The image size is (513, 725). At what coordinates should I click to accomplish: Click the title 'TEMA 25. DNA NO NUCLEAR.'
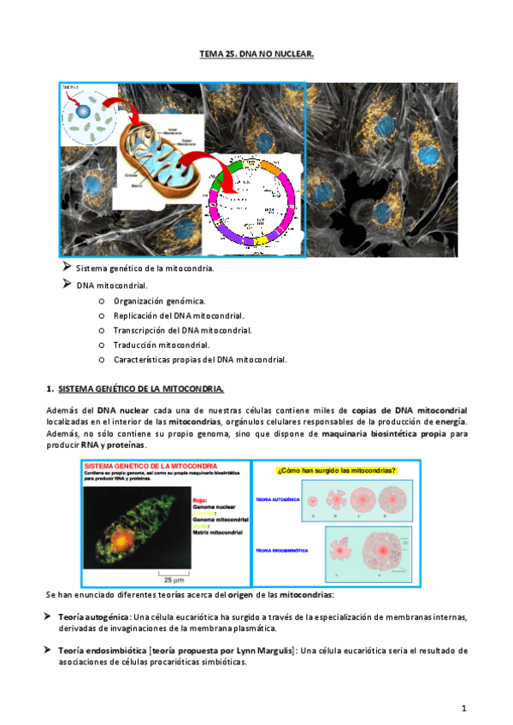[x=256, y=53]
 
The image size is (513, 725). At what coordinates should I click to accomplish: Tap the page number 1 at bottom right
[x=463, y=708]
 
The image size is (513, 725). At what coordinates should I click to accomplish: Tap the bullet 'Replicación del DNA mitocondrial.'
[x=179, y=315]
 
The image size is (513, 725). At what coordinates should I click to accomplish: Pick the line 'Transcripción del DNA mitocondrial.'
[x=182, y=330]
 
